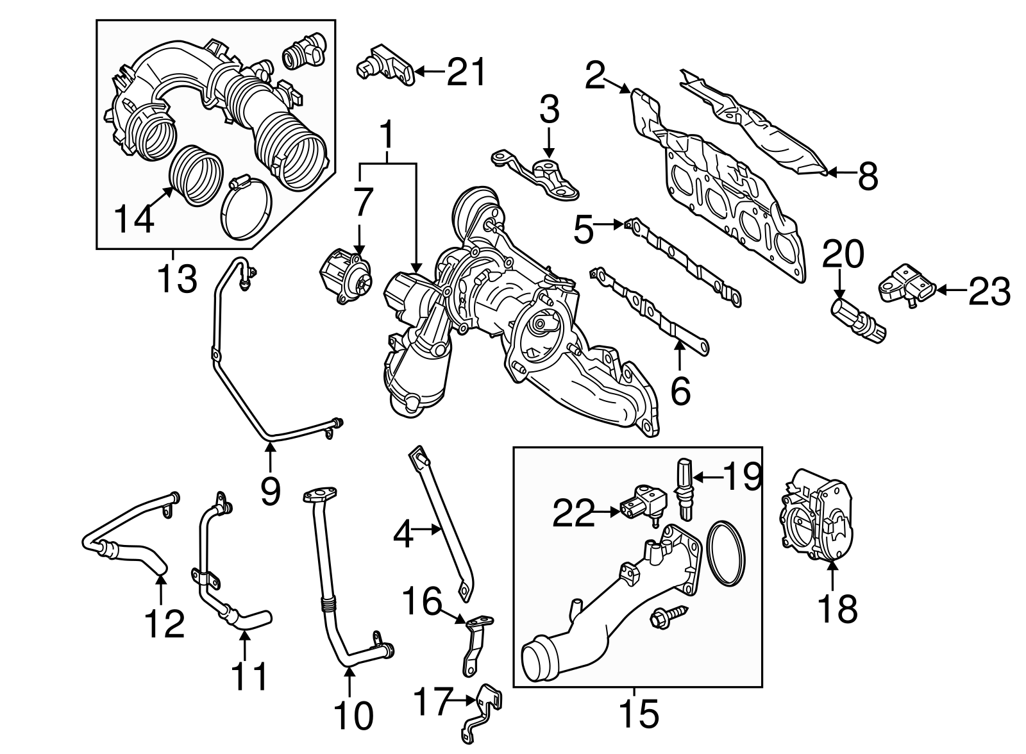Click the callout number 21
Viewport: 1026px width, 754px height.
(467, 72)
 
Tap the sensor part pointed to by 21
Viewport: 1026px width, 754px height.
(383, 65)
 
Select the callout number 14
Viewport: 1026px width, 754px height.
(135, 219)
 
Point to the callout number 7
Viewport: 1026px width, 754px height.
(362, 203)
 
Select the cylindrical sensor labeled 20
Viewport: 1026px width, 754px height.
(858, 317)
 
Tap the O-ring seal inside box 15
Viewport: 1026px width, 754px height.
(728, 553)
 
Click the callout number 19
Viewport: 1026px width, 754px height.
(743, 476)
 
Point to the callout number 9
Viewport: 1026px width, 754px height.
(270, 491)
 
